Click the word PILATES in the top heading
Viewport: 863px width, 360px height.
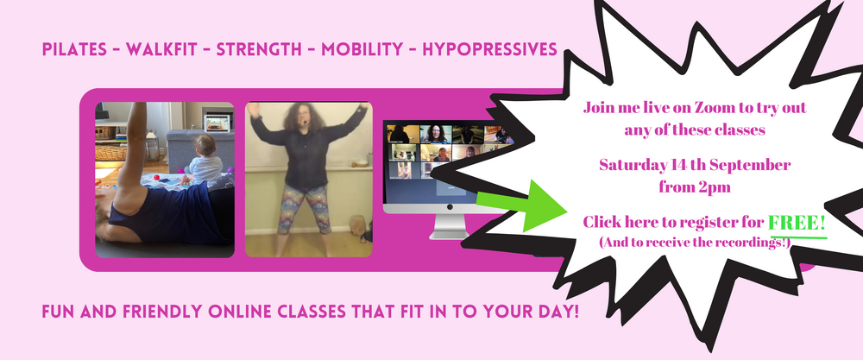(74, 49)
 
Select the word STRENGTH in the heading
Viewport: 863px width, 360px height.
(259, 49)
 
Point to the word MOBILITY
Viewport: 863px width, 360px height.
(362, 49)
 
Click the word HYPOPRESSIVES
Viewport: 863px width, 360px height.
(490, 49)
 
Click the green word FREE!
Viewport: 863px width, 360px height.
(797, 223)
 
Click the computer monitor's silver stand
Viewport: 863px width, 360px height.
(449, 226)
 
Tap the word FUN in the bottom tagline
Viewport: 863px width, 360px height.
(59, 313)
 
